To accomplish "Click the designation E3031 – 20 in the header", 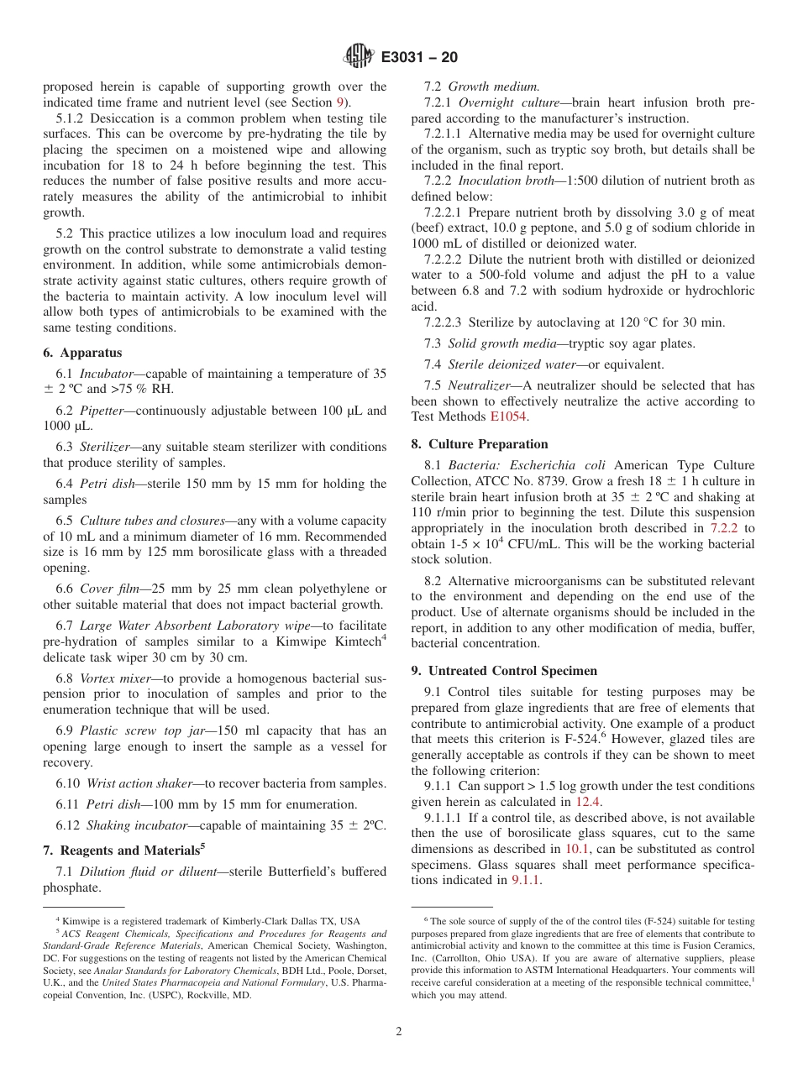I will point(419,58).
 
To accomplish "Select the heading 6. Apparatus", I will point(82,353).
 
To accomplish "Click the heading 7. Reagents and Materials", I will point(123,851).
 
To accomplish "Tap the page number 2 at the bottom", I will point(399,1032).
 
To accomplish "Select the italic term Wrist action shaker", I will point(138,783).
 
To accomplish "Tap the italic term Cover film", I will point(106,589).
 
